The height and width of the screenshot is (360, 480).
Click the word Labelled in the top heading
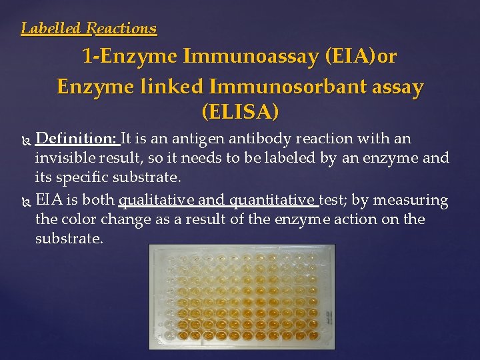(51, 29)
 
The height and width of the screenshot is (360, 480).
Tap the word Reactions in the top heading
(122, 29)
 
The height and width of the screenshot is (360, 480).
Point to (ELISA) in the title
(239, 112)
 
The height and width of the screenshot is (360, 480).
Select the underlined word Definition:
(77, 139)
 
